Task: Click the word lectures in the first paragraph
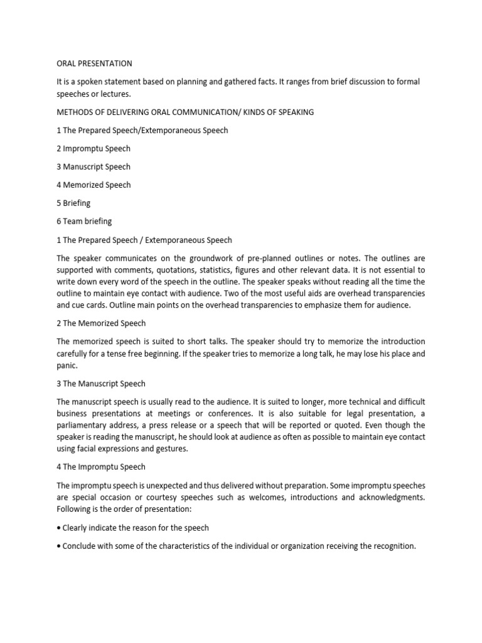tap(115, 94)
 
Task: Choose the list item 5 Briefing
tap(73, 203)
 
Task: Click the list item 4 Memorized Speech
tap(94, 185)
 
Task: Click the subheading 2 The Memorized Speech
tap(101, 323)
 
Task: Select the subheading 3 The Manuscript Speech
tap(102, 384)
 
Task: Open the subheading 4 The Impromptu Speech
tap(101, 467)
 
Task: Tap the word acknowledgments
tap(387, 498)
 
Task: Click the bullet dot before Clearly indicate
tap(58, 528)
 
